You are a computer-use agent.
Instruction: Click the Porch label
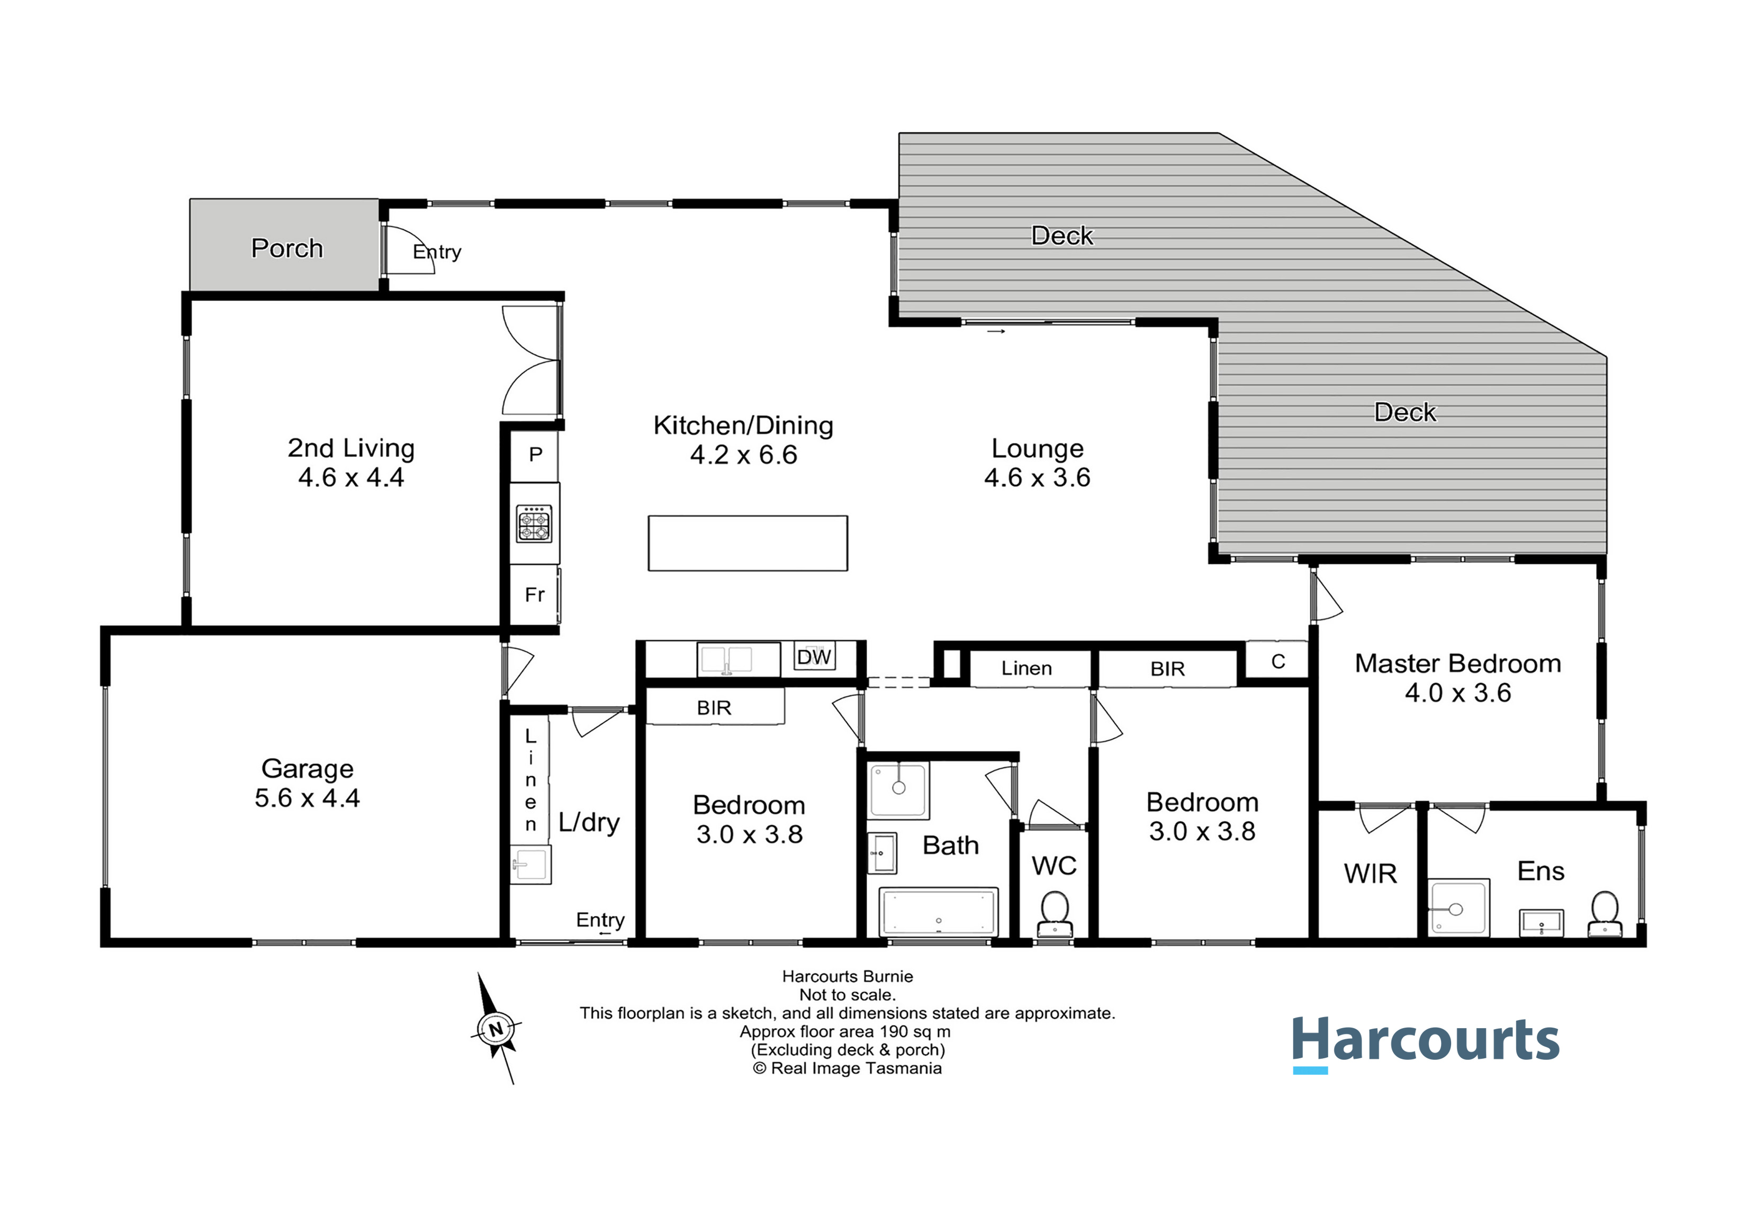(x=287, y=249)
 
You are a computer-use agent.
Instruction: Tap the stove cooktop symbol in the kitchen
(x=534, y=523)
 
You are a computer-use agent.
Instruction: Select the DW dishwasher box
(x=814, y=657)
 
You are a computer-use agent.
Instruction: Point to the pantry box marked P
(x=535, y=455)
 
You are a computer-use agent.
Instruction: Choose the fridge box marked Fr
(x=535, y=595)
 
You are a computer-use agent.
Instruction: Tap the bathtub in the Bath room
(x=938, y=911)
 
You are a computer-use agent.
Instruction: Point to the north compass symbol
(x=496, y=1029)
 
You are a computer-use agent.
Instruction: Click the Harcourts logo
(x=1426, y=1043)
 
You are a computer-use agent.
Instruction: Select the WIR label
(x=1371, y=874)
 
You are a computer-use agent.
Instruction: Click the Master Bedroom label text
(x=1458, y=664)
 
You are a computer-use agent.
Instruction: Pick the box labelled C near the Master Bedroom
(x=1277, y=661)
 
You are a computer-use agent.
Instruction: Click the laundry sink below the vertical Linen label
(x=530, y=864)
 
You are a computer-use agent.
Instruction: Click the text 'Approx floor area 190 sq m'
(x=845, y=1032)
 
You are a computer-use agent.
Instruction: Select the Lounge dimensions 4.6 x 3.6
(x=1037, y=478)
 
